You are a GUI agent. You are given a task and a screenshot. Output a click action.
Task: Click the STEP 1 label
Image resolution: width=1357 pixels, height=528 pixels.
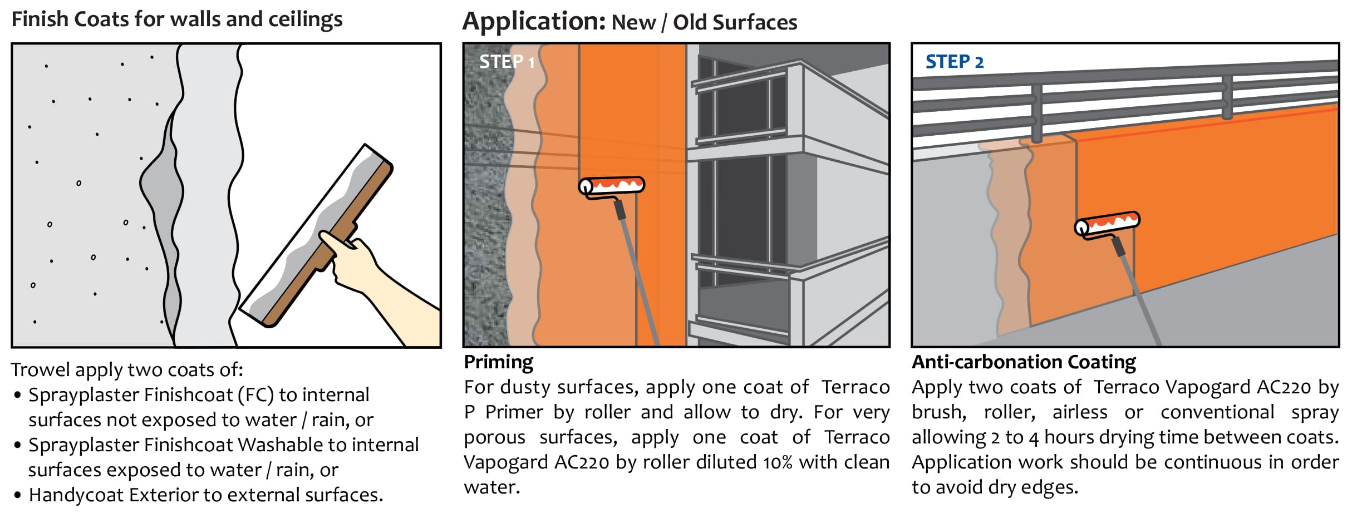(507, 61)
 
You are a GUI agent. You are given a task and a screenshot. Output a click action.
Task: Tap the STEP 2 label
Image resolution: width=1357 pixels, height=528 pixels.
(954, 61)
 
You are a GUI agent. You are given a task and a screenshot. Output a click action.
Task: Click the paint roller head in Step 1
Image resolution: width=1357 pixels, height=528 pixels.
(612, 185)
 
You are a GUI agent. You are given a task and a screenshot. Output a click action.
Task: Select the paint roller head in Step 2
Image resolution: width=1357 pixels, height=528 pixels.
(1107, 223)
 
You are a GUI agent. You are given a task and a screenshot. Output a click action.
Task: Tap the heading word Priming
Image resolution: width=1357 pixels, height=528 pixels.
(498, 362)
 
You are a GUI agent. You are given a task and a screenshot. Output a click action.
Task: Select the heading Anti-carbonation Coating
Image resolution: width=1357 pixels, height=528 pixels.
(1024, 362)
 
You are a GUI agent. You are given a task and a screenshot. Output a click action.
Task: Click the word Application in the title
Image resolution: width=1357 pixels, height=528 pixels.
(533, 22)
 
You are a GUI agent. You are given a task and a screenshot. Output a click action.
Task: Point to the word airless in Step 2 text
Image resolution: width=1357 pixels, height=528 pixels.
(1079, 412)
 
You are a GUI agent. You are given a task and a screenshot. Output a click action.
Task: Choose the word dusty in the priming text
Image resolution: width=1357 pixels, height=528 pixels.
(522, 387)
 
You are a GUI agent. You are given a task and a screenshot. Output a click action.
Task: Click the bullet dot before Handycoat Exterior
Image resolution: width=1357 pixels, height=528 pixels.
(18, 495)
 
